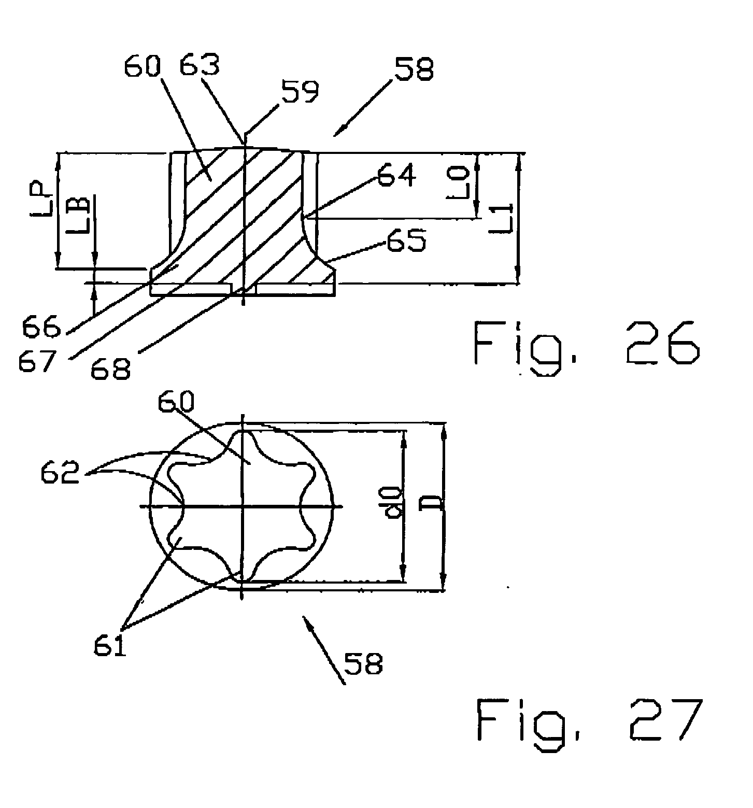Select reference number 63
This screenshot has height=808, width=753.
(200, 66)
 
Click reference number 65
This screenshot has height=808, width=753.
(406, 240)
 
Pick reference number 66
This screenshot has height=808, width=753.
(41, 327)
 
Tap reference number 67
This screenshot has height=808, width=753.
(36, 361)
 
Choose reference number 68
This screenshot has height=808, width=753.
(110, 369)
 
